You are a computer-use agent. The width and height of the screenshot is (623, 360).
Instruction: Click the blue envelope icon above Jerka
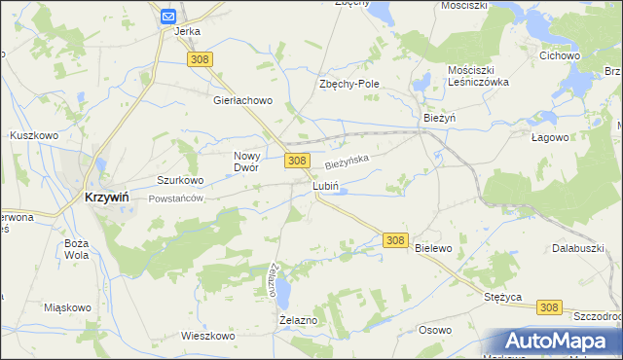point(167,16)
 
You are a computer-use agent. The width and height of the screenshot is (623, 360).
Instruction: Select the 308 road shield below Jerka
point(201,59)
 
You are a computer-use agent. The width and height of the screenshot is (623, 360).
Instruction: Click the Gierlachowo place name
point(243,100)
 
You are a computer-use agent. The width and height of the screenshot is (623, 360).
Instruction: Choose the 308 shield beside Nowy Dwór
point(297,161)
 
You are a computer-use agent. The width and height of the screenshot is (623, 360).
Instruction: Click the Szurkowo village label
point(180,180)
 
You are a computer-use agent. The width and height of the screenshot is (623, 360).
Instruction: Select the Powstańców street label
point(175,198)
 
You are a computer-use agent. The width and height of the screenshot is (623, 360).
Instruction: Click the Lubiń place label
point(325,185)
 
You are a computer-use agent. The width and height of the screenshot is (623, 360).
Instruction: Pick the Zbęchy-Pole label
point(348,84)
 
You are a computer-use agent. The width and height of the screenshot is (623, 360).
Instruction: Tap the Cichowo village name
point(560,55)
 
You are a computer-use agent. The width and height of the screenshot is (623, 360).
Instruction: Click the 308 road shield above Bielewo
point(394,239)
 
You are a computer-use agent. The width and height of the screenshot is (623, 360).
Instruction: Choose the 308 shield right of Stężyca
point(549,306)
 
